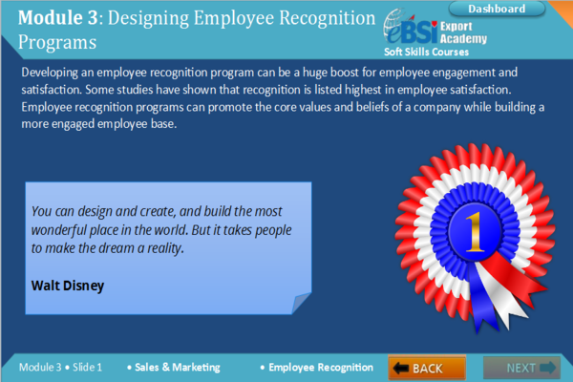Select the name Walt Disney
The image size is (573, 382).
tap(67, 285)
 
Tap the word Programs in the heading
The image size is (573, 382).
tap(57, 42)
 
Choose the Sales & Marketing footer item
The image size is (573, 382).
tap(177, 367)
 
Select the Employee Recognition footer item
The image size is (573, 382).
tap(320, 367)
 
